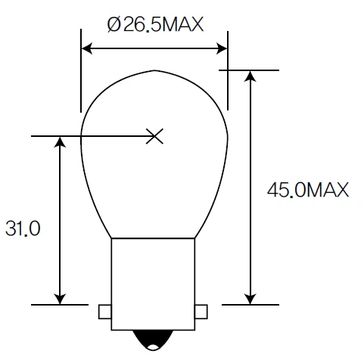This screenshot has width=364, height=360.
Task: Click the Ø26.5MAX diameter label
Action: click(x=155, y=25)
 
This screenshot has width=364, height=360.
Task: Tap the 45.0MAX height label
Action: click(x=307, y=190)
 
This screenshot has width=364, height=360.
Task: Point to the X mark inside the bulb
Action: click(x=154, y=136)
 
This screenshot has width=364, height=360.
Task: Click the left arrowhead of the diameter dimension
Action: click(x=86, y=49)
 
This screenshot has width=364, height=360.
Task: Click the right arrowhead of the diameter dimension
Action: click(x=222, y=49)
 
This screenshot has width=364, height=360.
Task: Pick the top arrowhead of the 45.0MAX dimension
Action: click(x=250, y=76)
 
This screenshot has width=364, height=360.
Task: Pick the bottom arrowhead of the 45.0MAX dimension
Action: click(x=250, y=298)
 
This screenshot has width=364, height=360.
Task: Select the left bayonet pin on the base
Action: click(x=104, y=311)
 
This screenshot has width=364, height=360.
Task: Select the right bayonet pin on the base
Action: click(x=201, y=311)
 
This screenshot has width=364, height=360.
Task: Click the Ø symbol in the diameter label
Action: click(x=114, y=25)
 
